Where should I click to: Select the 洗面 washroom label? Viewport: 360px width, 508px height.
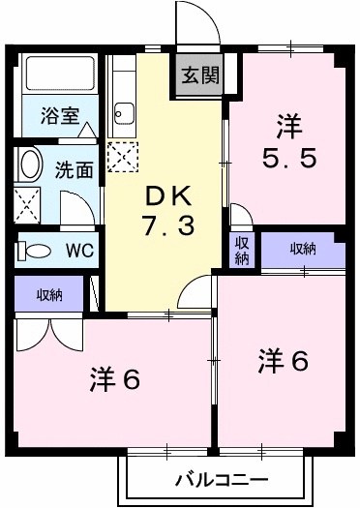click(x=74, y=168)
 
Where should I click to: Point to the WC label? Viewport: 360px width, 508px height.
click(x=78, y=250)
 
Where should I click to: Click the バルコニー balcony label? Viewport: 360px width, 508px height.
click(x=222, y=480)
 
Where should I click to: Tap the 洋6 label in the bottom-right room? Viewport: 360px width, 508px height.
click(x=283, y=362)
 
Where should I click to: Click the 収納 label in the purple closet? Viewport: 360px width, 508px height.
click(x=303, y=250)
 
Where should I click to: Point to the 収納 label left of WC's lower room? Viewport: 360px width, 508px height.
click(x=51, y=294)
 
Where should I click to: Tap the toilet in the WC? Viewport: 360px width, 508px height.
click(x=36, y=251)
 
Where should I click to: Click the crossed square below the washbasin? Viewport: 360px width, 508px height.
click(x=28, y=203)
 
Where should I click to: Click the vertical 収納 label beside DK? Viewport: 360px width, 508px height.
click(x=241, y=250)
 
